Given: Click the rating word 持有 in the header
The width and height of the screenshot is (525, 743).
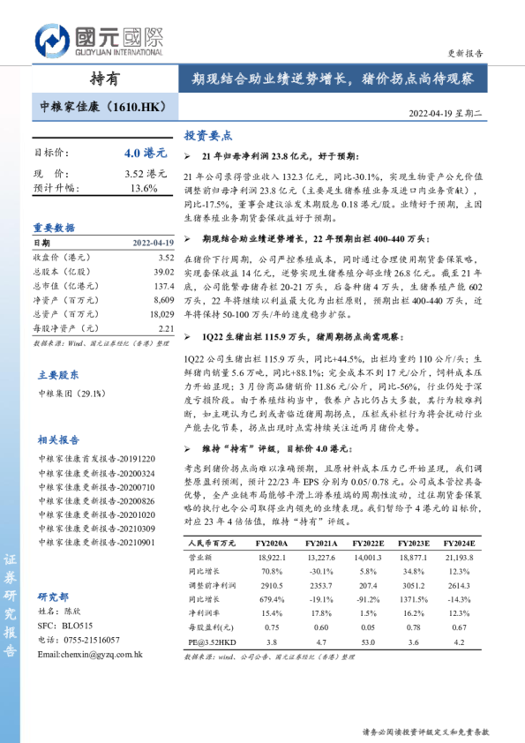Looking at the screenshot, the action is (105, 79).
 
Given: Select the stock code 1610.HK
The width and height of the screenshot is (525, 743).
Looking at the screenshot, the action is (135, 107).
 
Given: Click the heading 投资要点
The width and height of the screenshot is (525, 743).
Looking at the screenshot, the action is (207, 137).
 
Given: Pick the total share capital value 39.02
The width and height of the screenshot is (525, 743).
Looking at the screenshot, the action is (165, 272).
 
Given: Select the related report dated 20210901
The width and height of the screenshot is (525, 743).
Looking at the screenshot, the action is (96, 543).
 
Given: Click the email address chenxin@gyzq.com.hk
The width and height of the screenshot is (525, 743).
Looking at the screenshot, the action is (90, 655).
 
